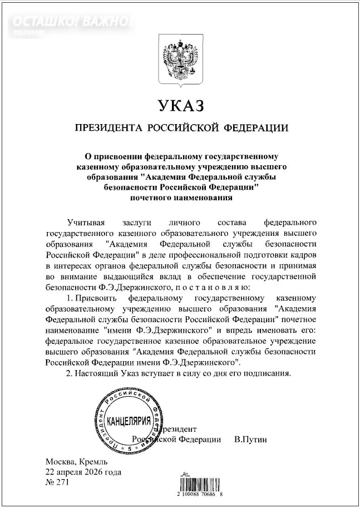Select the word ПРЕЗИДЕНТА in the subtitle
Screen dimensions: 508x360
105,129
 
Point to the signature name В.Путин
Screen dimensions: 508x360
250,440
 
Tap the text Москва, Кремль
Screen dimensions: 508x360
73,462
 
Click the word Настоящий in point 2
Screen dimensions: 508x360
95,372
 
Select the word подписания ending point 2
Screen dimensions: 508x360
268,372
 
